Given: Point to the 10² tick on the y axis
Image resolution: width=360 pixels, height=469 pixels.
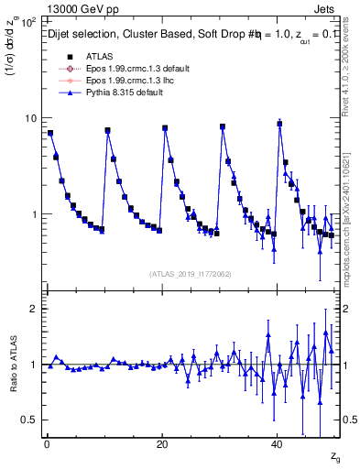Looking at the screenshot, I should point(27,20).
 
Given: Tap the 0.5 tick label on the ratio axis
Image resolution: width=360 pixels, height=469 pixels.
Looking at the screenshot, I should point(28,420).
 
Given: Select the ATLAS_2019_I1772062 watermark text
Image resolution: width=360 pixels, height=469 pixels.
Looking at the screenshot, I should point(191,274).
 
